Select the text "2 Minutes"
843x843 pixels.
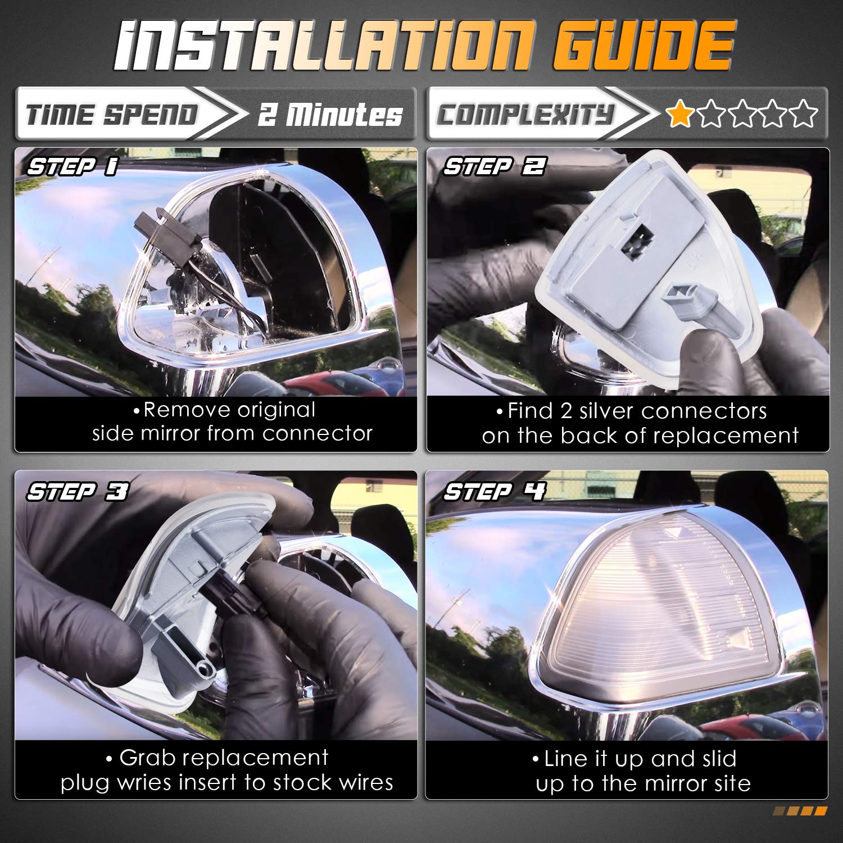(330, 115)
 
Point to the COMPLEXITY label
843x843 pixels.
(525, 115)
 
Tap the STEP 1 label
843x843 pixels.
(72, 167)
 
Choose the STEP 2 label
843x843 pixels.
(494, 167)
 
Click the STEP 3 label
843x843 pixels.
(78, 492)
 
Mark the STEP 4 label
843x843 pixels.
(494, 492)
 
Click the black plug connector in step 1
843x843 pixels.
(151, 239)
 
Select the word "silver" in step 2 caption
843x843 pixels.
(607, 411)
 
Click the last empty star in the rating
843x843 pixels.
(805, 114)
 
